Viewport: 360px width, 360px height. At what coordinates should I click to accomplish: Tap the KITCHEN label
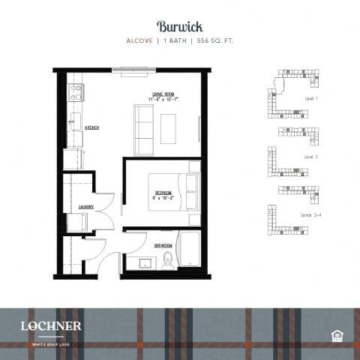[92, 128]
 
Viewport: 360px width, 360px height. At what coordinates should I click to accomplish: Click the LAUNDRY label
[85, 207]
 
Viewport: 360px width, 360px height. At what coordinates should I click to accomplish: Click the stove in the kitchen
[75, 92]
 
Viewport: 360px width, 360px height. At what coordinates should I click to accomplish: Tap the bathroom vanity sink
[143, 262]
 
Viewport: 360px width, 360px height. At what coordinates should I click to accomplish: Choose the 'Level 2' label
[310, 157]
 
